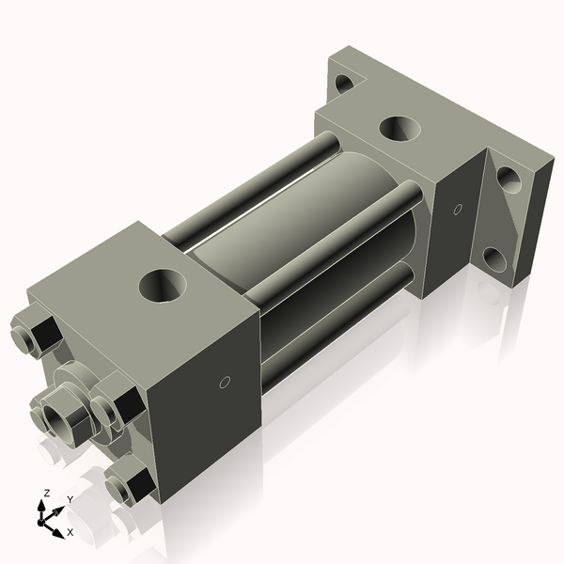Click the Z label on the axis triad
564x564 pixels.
click(46, 493)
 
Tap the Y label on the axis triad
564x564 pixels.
click(70, 499)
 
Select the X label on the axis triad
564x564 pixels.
click(70, 532)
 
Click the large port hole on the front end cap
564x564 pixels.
click(163, 285)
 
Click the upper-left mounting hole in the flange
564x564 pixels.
click(344, 83)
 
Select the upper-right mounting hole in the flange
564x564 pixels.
click(509, 178)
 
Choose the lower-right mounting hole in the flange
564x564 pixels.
click(495, 258)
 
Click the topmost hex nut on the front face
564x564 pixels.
click(32, 336)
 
